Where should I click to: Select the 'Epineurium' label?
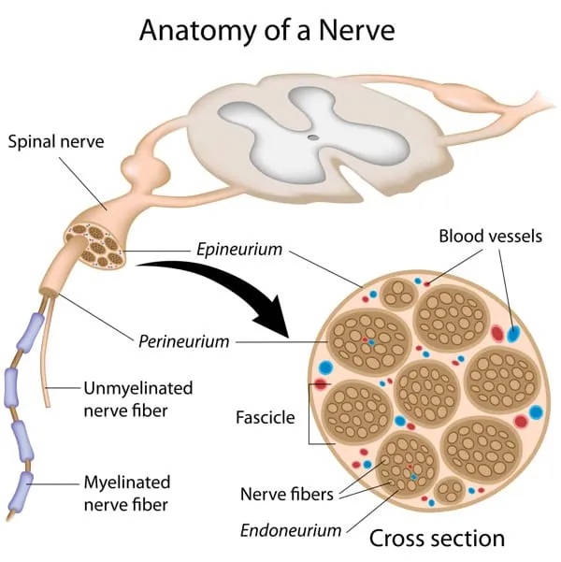[x=238, y=250]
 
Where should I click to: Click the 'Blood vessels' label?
[x=490, y=236]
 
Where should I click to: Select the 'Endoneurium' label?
[x=291, y=530]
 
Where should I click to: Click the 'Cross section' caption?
[x=437, y=538]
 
